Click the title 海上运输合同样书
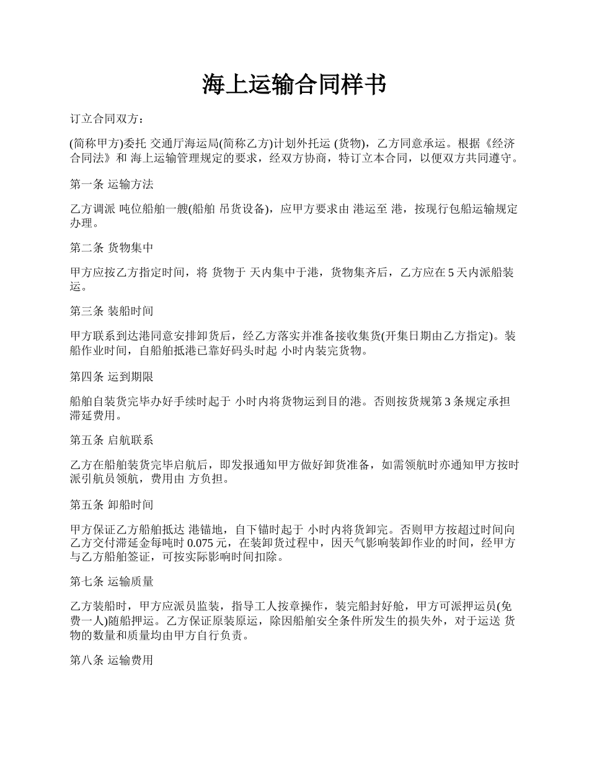coord(294,85)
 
